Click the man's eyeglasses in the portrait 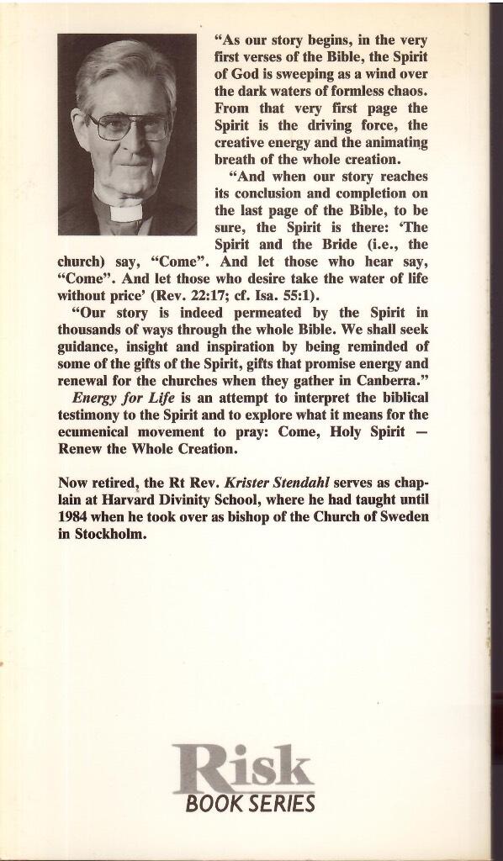pos(128,127)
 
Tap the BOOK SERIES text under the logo pos(250,804)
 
